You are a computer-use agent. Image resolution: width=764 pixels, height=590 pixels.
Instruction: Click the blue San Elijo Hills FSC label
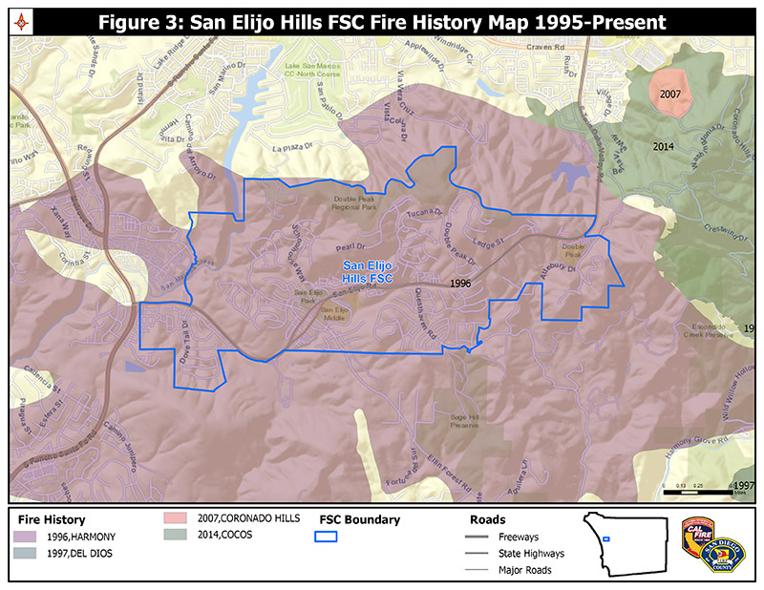(x=368, y=271)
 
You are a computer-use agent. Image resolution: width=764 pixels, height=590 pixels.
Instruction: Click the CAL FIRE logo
(x=697, y=535)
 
